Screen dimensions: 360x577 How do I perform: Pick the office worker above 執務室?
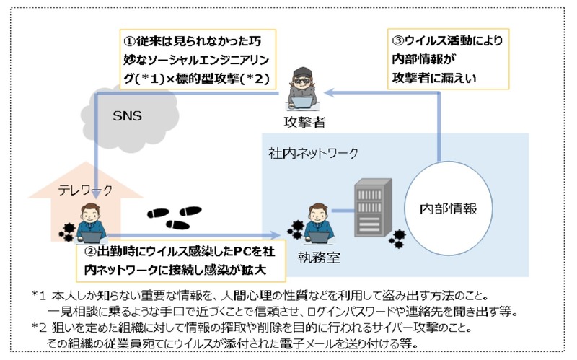point(317,224)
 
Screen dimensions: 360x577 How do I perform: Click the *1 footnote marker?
point(39,296)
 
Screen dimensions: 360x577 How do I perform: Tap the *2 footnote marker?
point(39,326)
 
